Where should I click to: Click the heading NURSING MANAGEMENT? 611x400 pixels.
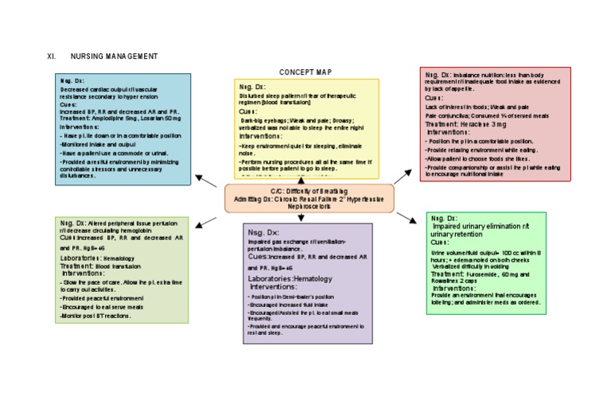[x=114, y=56]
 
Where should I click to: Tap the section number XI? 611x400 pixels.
[x=52, y=56]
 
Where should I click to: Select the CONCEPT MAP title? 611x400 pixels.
[x=305, y=72]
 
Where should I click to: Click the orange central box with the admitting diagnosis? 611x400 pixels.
[x=309, y=199]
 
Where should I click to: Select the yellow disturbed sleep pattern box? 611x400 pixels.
[x=306, y=127]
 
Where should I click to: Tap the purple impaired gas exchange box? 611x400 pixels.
[x=308, y=283]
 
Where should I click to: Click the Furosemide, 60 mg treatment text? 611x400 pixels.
[x=477, y=274]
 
